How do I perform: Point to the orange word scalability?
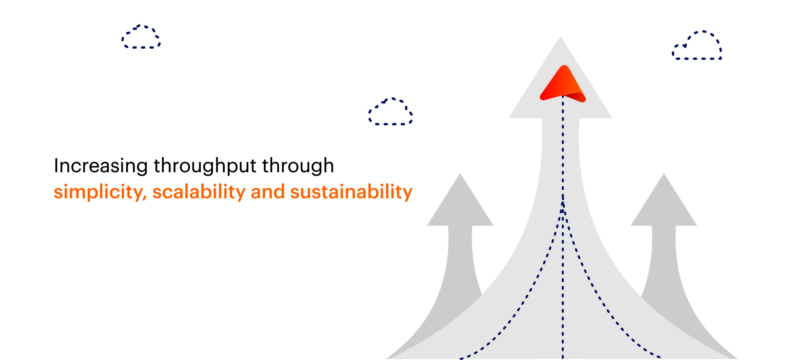coord(199,192)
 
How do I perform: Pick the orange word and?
coord(268,192)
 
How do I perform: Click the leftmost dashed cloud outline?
coord(141,37)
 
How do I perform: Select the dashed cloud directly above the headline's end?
coord(390,111)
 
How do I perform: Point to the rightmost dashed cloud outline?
coord(697,45)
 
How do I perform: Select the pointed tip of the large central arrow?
coord(560,36)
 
